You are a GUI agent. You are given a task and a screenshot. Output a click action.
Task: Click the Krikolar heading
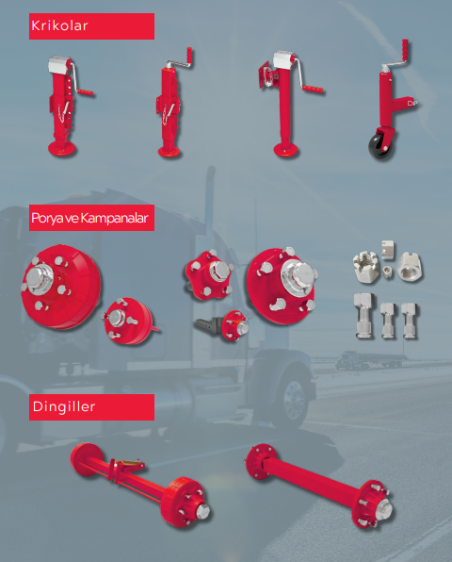click(59, 25)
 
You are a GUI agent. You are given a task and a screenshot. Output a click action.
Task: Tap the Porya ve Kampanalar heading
click(89, 218)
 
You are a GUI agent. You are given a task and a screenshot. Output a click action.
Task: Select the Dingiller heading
click(64, 406)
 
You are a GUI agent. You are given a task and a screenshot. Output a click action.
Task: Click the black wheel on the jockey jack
click(379, 145)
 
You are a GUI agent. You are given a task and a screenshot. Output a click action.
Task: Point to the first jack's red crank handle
click(85, 92)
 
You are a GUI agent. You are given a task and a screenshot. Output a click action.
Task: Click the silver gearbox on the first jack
click(59, 65)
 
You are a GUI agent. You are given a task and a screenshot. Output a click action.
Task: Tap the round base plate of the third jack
click(286, 149)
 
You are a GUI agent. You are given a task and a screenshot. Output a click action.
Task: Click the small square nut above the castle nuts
click(388, 249)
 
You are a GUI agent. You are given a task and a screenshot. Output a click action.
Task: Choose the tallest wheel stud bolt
click(363, 315)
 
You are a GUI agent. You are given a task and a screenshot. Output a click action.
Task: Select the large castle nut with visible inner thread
click(410, 266)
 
